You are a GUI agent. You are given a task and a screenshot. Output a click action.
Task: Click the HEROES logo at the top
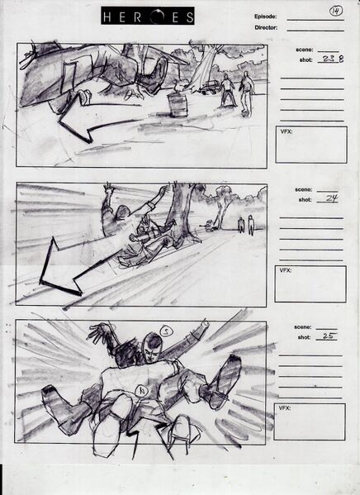point(149,16)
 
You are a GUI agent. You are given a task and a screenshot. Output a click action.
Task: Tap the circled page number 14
point(335,11)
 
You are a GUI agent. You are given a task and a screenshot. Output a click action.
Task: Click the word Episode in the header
point(266,17)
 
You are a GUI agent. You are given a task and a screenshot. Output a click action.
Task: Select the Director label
point(266,27)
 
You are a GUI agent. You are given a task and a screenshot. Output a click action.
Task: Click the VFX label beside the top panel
point(286,131)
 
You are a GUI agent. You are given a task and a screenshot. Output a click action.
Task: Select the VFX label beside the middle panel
point(286,270)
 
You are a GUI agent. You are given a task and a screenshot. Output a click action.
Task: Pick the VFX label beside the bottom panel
point(286,408)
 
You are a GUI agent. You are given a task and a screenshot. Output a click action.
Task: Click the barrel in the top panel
point(176,104)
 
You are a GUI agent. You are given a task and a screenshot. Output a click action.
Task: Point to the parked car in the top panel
point(211,85)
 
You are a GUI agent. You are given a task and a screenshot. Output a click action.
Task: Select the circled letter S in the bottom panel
point(165,332)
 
